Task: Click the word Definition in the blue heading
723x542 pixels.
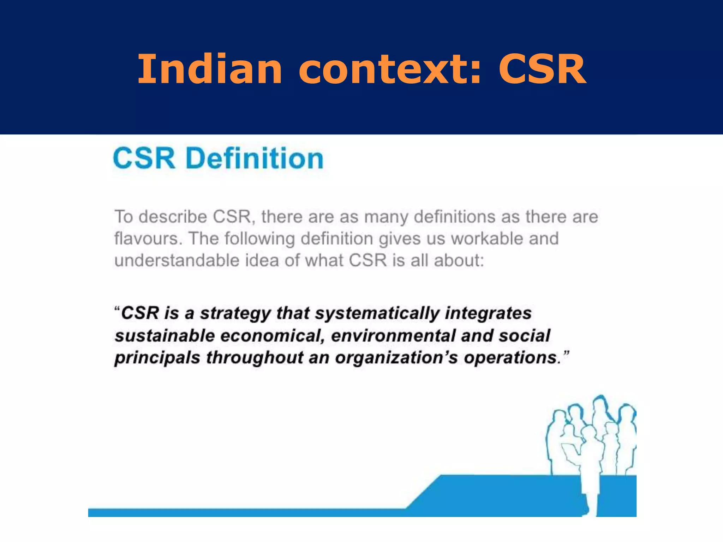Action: click(x=254, y=158)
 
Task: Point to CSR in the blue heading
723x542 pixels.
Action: click(x=144, y=158)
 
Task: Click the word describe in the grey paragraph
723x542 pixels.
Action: click(x=173, y=217)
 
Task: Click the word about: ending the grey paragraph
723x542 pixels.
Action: click(x=459, y=261)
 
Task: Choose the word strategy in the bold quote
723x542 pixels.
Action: click(x=235, y=314)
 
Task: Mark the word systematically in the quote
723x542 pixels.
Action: click(x=377, y=314)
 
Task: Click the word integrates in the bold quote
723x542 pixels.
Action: click(x=488, y=314)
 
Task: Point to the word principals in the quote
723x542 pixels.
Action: click(x=157, y=358)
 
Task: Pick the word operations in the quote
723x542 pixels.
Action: click(x=510, y=358)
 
